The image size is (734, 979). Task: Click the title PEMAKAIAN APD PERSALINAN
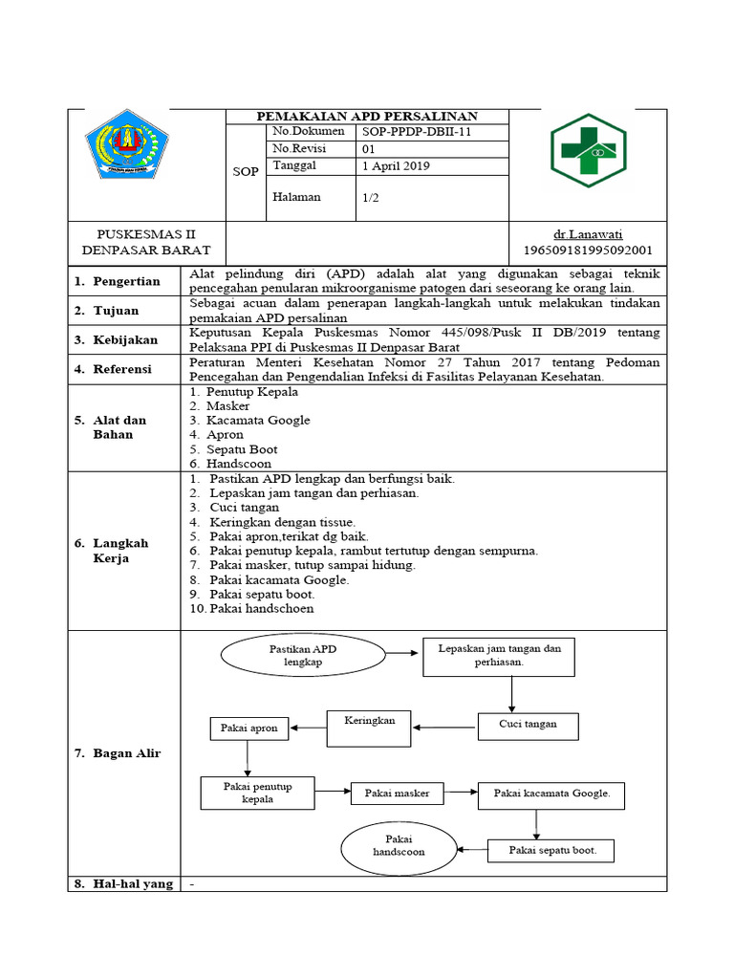(x=368, y=116)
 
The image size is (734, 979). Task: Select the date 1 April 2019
(x=396, y=165)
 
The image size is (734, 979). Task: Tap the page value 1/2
(x=371, y=198)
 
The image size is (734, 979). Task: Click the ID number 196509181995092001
(x=588, y=250)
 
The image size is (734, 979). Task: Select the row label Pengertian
(x=126, y=282)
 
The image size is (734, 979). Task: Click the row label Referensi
(x=126, y=369)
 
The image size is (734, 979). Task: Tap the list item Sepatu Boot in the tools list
(x=243, y=448)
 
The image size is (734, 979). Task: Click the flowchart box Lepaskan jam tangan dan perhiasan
(x=499, y=655)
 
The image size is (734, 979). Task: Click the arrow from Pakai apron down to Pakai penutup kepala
(x=248, y=757)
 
